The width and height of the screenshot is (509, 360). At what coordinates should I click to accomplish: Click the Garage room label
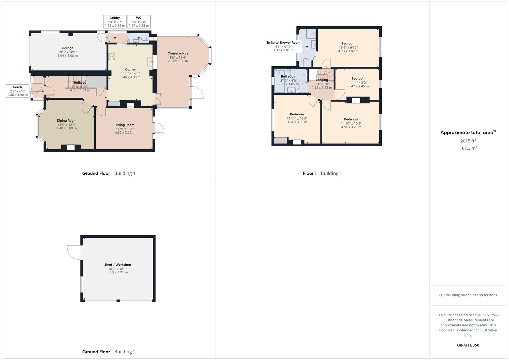point(67,48)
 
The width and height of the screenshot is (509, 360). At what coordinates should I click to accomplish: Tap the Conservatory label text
point(178,53)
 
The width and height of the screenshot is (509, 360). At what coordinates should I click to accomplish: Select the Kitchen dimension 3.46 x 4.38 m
point(130,77)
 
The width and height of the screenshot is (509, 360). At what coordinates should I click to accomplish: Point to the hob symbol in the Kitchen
point(111,57)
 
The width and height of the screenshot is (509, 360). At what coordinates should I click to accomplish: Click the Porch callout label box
point(18,91)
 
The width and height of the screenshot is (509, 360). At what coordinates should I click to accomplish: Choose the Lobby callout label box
point(115,22)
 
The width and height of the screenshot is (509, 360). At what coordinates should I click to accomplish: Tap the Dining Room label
point(67,121)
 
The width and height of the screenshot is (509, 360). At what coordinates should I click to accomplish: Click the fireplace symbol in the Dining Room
point(71,147)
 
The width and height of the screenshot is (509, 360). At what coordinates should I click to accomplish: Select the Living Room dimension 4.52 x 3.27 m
point(125,132)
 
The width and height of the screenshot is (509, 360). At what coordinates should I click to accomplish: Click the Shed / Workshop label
point(117,265)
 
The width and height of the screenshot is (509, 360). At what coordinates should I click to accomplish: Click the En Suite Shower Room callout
point(283,46)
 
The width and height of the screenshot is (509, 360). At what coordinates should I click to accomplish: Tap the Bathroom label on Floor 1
point(288,76)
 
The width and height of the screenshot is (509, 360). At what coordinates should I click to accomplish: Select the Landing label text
point(322,80)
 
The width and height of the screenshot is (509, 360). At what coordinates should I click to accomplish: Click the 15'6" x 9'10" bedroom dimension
point(348,47)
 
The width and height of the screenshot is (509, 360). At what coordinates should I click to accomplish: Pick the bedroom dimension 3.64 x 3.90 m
point(297,122)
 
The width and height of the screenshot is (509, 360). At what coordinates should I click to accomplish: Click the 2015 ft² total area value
point(468,141)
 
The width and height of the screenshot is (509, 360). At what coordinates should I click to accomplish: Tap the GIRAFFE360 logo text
point(468,345)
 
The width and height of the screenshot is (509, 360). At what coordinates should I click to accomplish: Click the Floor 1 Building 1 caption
point(322,173)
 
